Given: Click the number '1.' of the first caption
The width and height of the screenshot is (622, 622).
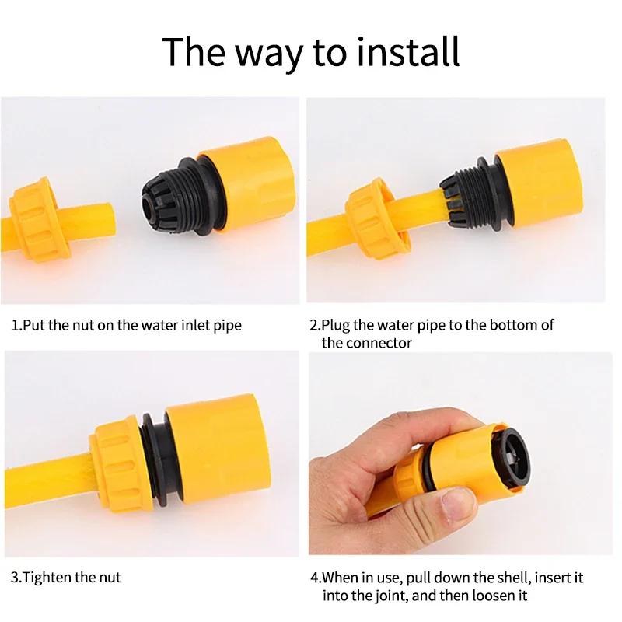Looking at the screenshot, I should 16,325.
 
